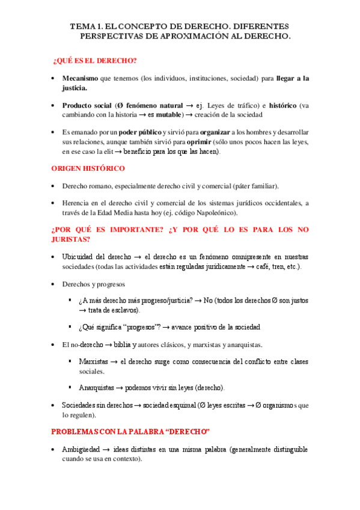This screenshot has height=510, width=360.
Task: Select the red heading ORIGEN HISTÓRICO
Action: pyautogui.click(x=88, y=168)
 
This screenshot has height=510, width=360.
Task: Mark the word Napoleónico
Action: pyautogui.click(x=213, y=212)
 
